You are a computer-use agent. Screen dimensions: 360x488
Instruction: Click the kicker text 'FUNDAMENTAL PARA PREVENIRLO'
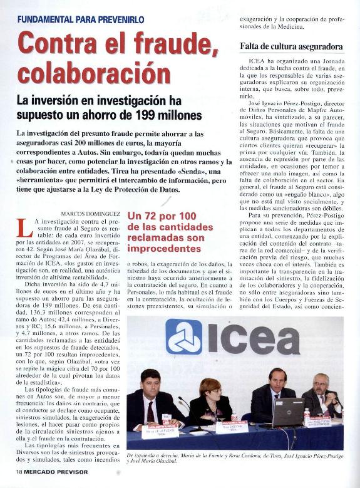80,19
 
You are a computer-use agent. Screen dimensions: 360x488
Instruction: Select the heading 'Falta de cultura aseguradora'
291,47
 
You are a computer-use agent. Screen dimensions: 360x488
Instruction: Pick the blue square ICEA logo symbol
183,337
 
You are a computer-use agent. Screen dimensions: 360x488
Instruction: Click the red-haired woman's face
210,388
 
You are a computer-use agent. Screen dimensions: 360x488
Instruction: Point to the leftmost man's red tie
150,411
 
